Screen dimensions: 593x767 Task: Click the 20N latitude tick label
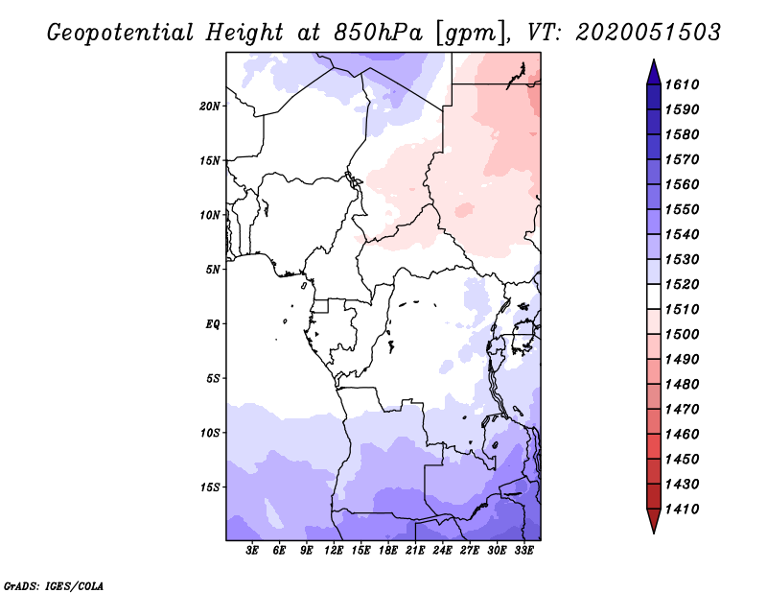[210, 106]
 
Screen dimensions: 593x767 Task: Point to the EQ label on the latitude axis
[213, 324]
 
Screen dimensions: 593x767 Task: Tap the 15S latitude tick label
[210, 487]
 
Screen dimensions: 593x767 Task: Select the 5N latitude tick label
[213, 270]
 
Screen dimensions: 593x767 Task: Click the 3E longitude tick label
[253, 551]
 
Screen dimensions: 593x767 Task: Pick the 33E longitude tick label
[523, 551]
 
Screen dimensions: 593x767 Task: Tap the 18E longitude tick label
[388, 551]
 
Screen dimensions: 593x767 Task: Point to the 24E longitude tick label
[442, 551]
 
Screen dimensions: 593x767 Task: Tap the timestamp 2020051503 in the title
[648, 33]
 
